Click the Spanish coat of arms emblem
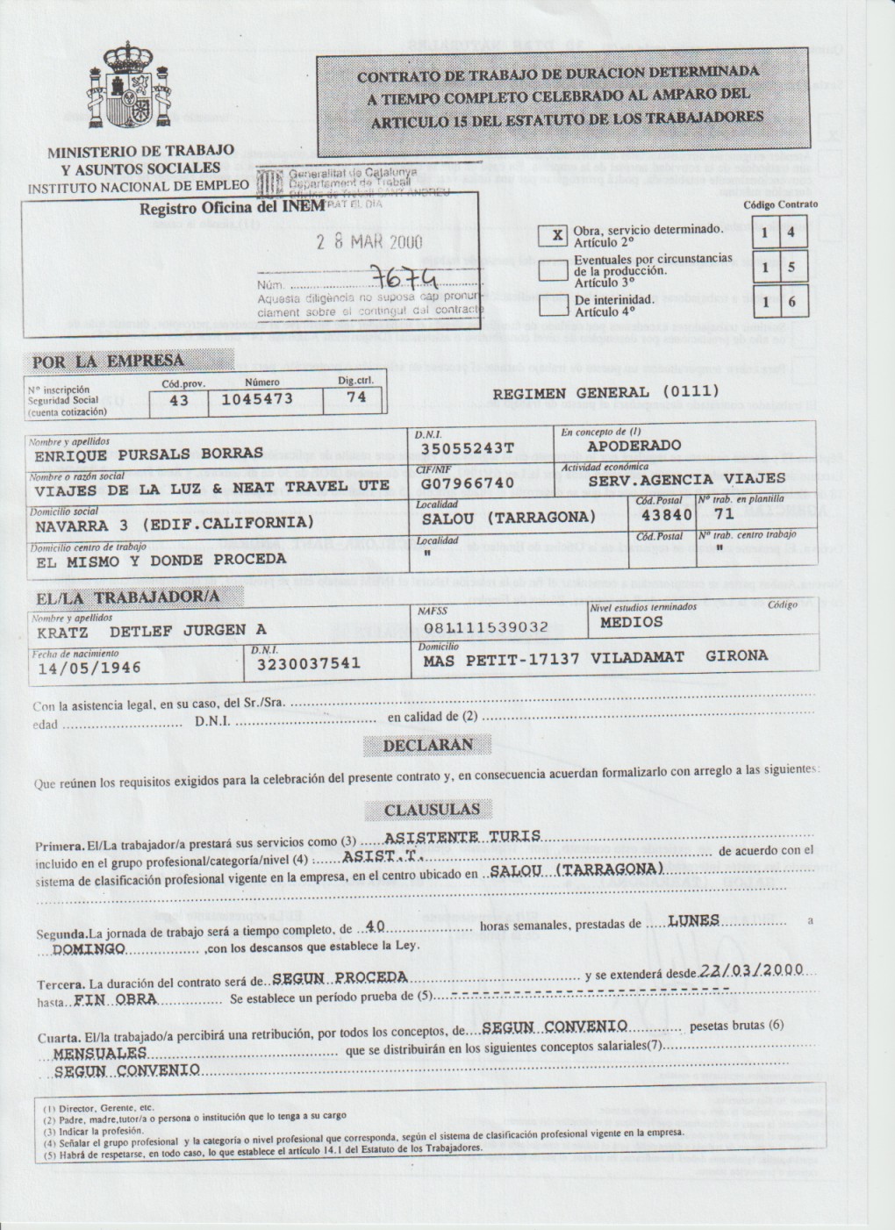pyautogui.click(x=130, y=90)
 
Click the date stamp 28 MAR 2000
pyautogui.click(x=369, y=243)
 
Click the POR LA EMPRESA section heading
pyautogui.click(x=109, y=361)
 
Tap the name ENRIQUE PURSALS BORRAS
pyautogui.click(x=148, y=454)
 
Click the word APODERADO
pyautogui.click(x=634, y=446)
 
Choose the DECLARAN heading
pyautogui.click(x=427, y=745)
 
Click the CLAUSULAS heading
pyautogui.click(x=431, y=809)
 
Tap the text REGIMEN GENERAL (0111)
pyautogui.click(x=605, y=392)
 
